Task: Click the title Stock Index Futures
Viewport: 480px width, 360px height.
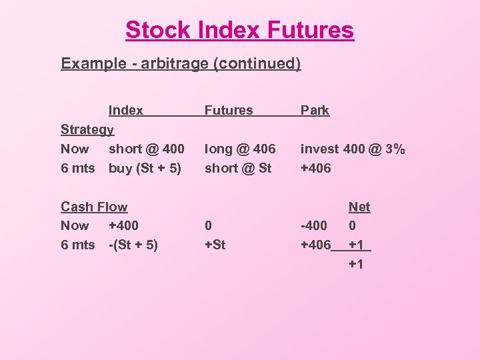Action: (239, 30)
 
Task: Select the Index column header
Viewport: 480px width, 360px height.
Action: (125, 110)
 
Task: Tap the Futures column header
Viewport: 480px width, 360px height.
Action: (229, 110)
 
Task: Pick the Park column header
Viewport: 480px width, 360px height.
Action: (315, 110)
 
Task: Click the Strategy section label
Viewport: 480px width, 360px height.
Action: (87, 129)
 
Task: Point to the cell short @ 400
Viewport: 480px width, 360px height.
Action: (146, 149)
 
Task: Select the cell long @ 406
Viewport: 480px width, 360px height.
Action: (240, 149)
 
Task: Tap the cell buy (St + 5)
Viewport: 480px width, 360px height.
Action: (145, 168)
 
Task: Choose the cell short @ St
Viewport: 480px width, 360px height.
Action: (238, 168)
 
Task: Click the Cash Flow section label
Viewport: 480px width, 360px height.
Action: (93, 207)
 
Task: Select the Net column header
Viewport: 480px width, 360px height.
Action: (359, 207)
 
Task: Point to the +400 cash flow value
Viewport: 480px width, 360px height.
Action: (124, 225)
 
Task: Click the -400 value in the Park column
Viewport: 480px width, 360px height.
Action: (314, 225)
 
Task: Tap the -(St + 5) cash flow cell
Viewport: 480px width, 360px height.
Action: (133, 245)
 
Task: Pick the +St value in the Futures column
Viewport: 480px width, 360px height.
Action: (215, 245)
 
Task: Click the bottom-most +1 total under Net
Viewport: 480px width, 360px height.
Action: (356, 264)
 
